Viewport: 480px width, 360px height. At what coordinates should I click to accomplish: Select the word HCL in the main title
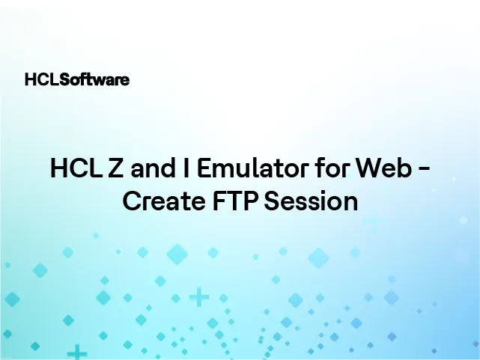(x=73, y=169)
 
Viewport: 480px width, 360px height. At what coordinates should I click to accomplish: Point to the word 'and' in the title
(x=150, y=169)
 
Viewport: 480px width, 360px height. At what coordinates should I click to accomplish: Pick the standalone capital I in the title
(x=185, y=169)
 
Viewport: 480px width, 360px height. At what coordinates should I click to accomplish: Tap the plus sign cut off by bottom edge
(x=76, y=352)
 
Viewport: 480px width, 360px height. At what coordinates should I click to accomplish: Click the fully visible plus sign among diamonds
(x=198, y=298)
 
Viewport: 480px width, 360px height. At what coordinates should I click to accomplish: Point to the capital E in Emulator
(x=204, y=169)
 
